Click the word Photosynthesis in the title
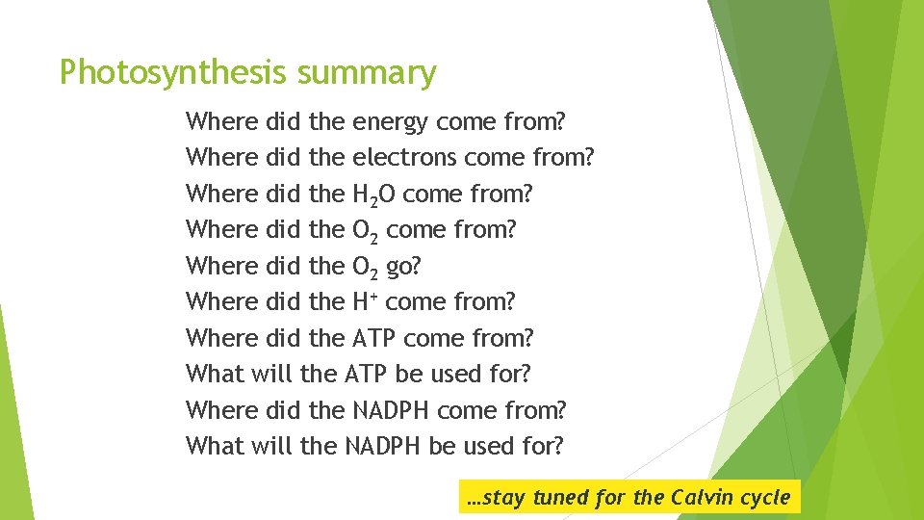(174, 72)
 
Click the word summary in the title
(367, 72)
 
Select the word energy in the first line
(392, 122)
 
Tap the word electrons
(404, 158)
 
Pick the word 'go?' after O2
(403, 267)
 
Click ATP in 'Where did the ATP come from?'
(374, 338)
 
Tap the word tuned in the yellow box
(560, 498)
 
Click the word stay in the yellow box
(502, 498)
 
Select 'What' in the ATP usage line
(215, 374)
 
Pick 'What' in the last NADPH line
(215, 446)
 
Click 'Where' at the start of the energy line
(221, 122)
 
